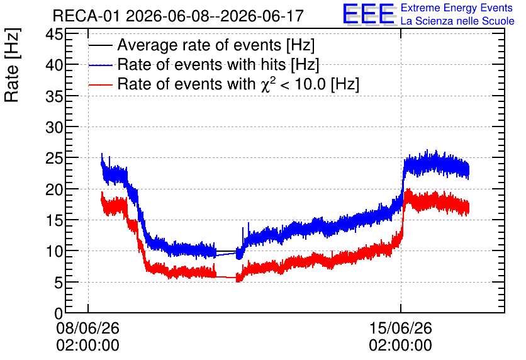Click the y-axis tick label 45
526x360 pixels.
click(54, 34)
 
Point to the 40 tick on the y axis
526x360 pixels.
click(54, 65)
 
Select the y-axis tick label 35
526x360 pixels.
click(54, 96)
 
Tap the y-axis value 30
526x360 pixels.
click(54, 128)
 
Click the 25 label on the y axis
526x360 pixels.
click(54, 159)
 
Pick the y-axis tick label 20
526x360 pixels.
click(54, 189)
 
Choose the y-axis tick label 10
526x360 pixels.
click(54, 252)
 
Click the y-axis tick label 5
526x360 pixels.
click(59, 283)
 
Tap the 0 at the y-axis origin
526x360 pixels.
click(59, 313)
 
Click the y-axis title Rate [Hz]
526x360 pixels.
click(12, 65)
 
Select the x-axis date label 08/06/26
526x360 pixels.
click(88, 328)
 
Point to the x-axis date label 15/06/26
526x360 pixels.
click(401, 328)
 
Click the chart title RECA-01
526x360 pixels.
click(86, 16)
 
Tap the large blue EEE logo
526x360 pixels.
click(369, 14)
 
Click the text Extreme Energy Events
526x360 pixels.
click(457, 8)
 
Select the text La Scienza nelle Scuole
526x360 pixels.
click(457, 21)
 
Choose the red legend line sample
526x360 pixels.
click(100, 85)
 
